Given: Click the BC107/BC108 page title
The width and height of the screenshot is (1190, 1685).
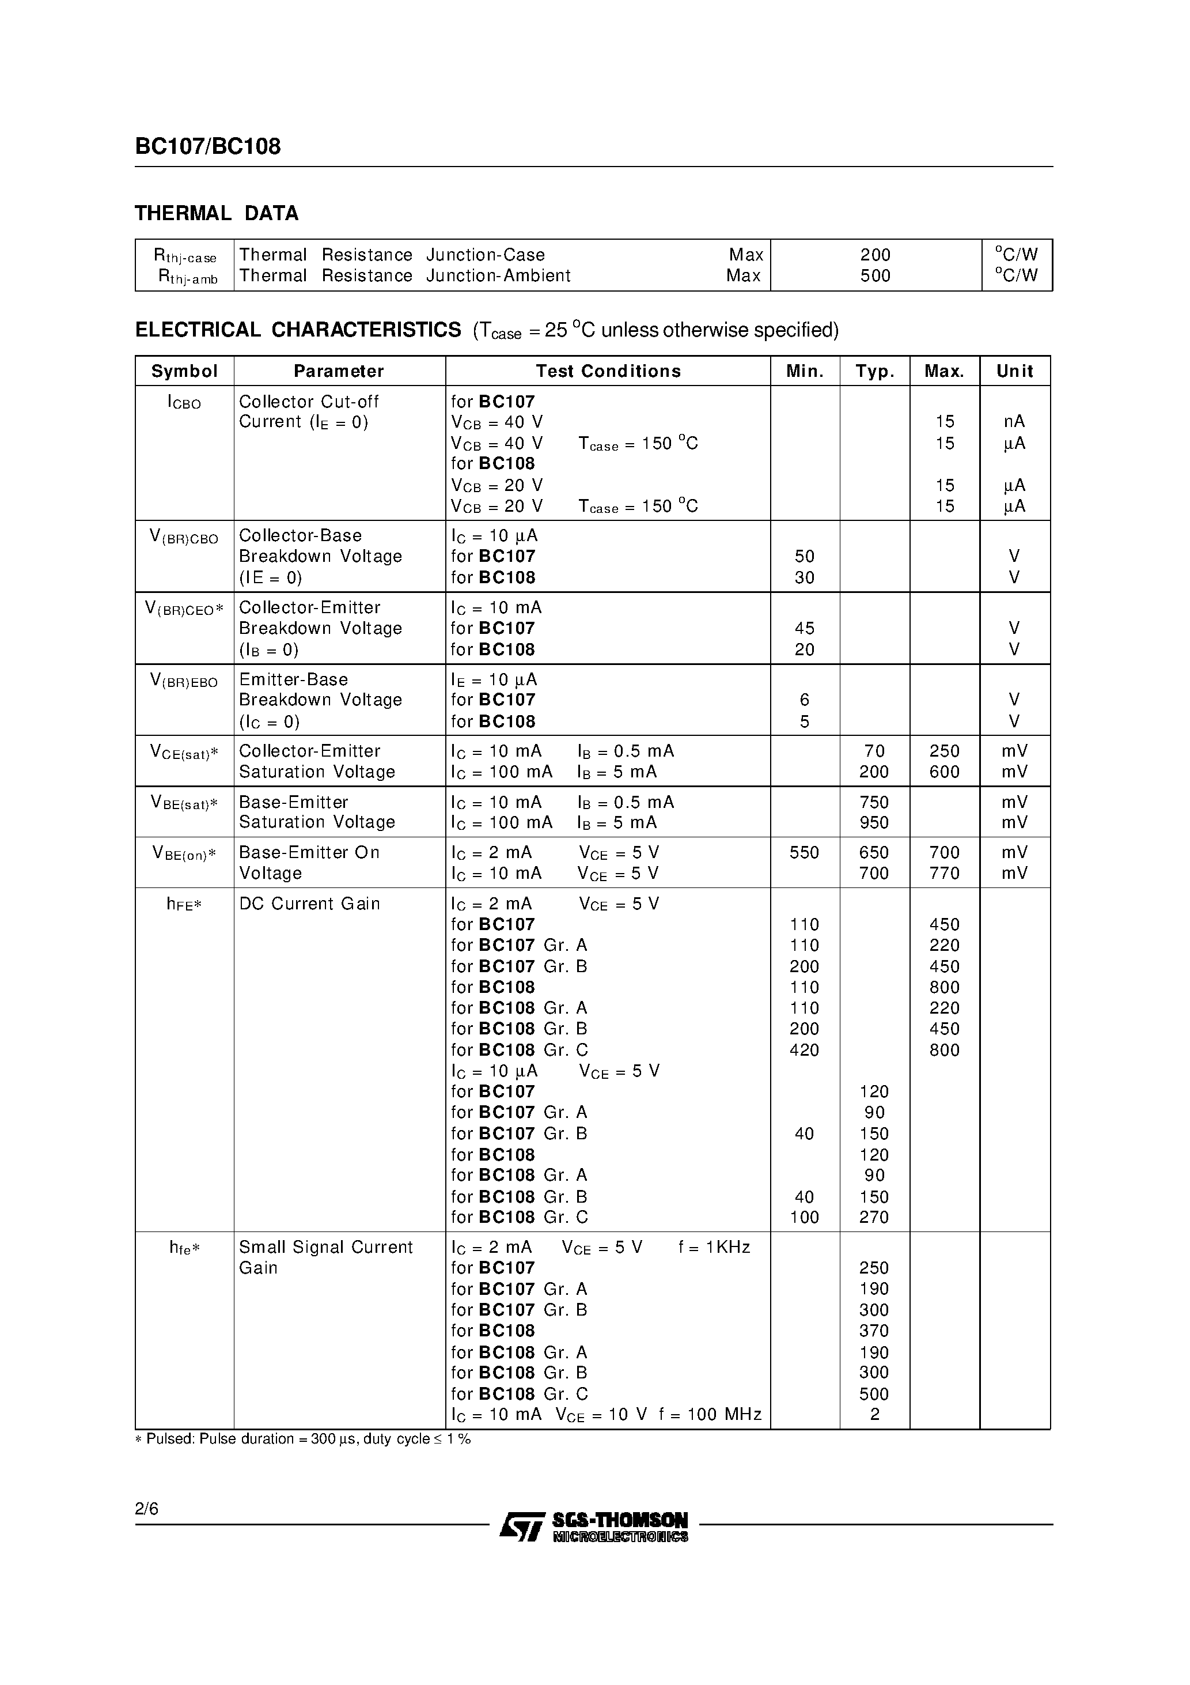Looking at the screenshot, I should click(x=207, y=147).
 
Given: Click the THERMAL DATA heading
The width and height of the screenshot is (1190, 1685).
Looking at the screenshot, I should click(x=217, y=214).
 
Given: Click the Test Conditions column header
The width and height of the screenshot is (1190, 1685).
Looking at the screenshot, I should click(x=608, y=371).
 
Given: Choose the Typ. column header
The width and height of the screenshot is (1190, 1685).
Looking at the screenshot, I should click(x=874, y=371).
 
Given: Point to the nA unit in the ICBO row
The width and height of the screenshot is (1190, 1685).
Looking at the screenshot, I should click(x=1014, y=422).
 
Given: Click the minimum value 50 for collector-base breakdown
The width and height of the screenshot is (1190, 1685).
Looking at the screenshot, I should click(x=804, y=556).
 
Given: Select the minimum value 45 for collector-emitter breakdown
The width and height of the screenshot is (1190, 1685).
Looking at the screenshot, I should click(x=804, y=628).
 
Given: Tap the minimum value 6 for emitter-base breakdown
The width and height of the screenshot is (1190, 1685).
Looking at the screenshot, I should click(x=804, y=700).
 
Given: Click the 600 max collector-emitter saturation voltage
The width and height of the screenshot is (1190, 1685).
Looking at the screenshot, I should click(x=944, y=772).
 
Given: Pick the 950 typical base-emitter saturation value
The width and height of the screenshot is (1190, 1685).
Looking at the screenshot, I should click(x=874, y=823).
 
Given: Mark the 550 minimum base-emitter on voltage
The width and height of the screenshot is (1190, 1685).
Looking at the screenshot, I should click(x=804, y=853).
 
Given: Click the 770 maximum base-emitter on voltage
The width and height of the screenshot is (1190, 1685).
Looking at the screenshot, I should click(x=944, y=873).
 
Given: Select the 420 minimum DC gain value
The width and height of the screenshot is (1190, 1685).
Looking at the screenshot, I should click(x=804, y=1050).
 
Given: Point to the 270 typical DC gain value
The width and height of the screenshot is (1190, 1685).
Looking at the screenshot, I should click(x=874, y=1218).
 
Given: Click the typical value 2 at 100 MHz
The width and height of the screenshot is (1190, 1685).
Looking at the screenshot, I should click(x=874, y=1414).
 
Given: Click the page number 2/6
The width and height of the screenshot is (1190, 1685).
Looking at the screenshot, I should click(x=147, y=1509).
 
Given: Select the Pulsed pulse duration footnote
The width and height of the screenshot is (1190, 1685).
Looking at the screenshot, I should click(x=303, y=1439).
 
